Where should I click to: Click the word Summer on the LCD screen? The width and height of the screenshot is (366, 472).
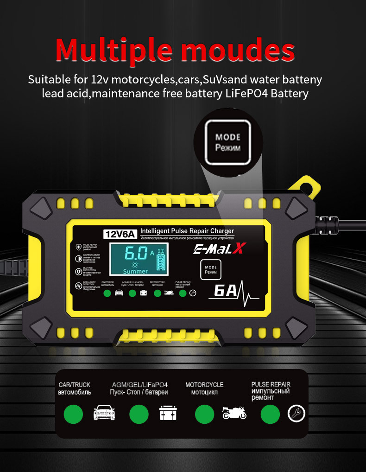point(135,271)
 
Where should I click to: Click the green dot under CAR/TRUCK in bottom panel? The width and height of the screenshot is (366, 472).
point(73,414)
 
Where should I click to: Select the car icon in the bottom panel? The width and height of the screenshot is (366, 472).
point(104,413)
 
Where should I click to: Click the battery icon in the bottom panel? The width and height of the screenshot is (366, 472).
point(168,413)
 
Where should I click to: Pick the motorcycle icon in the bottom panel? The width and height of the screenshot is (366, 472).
point(234,413)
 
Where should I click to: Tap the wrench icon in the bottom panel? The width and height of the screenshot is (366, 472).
point(297,413)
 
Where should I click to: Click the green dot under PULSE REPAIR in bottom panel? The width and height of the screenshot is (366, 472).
point(270,414)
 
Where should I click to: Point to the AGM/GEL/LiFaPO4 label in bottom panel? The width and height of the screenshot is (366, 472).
point(139,385)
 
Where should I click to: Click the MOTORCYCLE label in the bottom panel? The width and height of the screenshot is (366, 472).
point(204,385)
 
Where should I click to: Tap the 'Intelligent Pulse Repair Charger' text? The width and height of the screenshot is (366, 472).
point(187,231)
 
